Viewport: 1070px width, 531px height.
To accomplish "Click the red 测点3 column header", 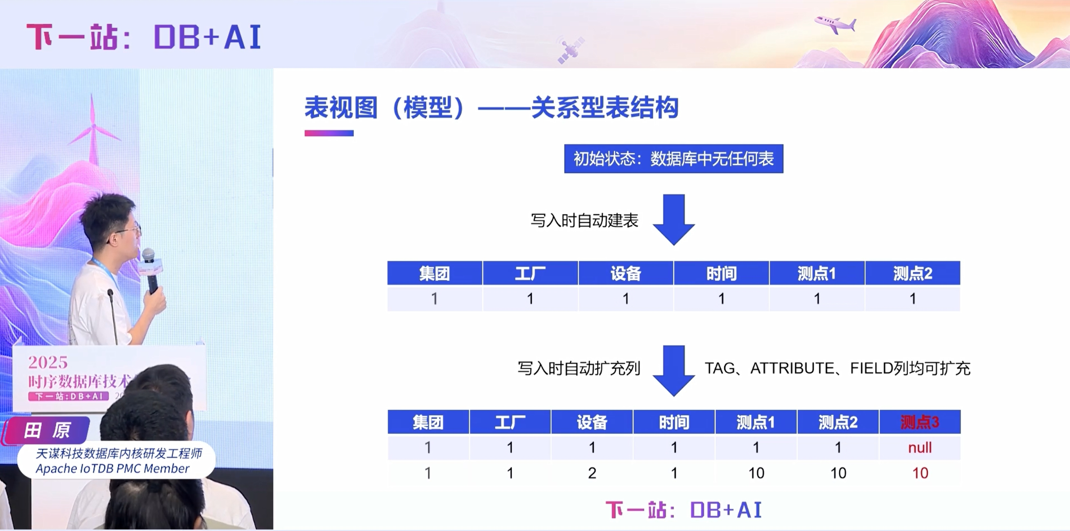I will point(920,423).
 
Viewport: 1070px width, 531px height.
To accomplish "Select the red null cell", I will point(920,448).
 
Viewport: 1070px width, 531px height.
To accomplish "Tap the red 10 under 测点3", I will point(920,473).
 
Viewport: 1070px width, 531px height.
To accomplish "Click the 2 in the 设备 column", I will point(592,473).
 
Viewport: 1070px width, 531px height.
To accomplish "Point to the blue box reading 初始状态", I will point(673,159).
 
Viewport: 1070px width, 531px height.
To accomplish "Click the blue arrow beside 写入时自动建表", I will point(673,219).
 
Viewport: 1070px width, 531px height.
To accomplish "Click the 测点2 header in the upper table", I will point(913,274).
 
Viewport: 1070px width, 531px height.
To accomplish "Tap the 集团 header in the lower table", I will point(428,423).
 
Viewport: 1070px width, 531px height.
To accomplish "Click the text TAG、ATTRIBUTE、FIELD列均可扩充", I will point(837,368).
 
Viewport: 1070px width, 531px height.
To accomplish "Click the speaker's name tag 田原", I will point(46,430).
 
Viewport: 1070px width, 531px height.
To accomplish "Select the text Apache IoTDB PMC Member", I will point(112,469).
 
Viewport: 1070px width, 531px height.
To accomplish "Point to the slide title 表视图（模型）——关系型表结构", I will point(491,108).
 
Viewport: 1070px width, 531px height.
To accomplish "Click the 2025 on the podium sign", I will point(48,363).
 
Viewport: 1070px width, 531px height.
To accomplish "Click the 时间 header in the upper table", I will point(721,274).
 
